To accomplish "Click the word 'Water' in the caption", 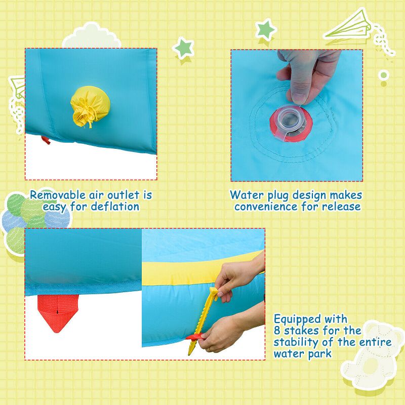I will coord(247,195).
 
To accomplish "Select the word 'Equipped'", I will coord(297,319).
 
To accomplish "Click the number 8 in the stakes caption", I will coord(277,331).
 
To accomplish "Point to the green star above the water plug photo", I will coord(265,30).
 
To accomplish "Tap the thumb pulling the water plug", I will coord(299,86).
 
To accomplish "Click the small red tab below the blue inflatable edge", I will coord(46,139).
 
